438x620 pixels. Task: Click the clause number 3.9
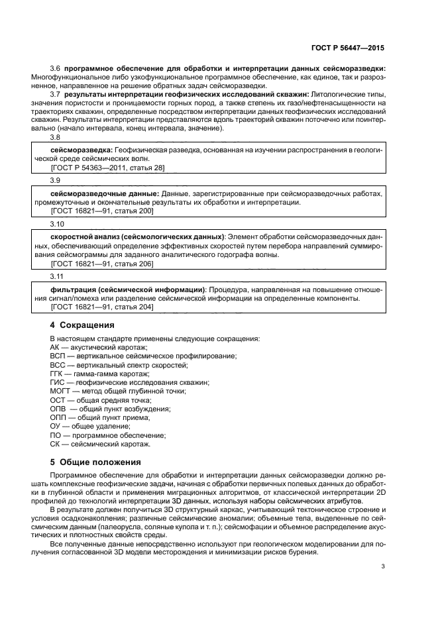(56, 180)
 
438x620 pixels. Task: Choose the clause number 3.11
(58, 275)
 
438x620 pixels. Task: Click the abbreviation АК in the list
(55, 347)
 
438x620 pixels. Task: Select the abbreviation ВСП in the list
(58, 356)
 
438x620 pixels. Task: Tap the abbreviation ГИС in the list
(57, 382)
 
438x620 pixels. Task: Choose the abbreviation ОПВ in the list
(58, 409)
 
